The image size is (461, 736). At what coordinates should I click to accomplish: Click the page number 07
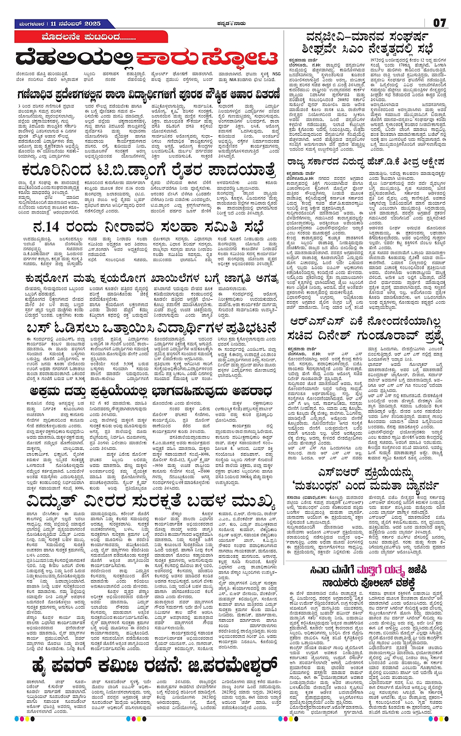click(439, 22)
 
